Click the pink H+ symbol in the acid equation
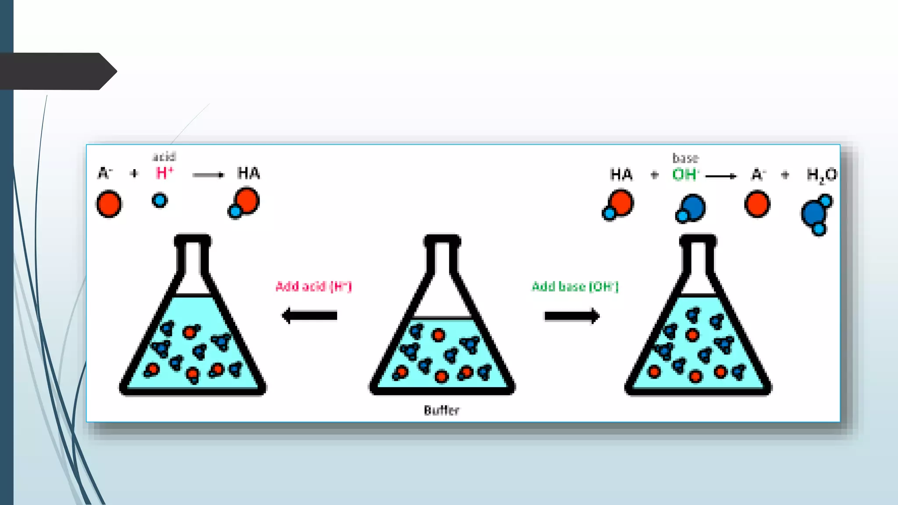[x=164, y=173]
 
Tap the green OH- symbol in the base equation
[x=685, y=174]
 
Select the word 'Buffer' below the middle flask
[x=442, y=410]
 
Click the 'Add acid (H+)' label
[x=314, y=286]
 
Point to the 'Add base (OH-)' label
[x=575, y=287]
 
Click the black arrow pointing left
[x=309, y=316]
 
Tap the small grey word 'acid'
[x=164, y=157]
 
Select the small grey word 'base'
[x=685, y=158]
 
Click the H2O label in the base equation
[x=821, y=175]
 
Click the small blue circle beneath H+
[x=160, y=200]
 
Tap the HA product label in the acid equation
[x=249, y=173]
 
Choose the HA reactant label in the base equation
[x=621, y=174]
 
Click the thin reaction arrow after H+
[x=208, y=175]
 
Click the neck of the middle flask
[x=442, y=259]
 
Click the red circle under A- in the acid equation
[x=109, y=204]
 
